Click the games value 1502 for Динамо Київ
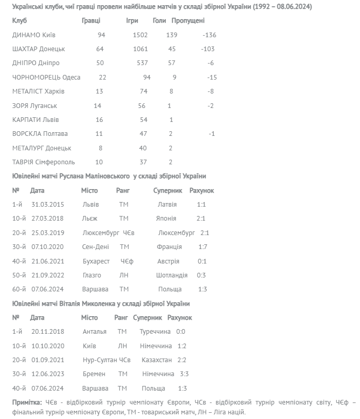140,35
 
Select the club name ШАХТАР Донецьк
39,49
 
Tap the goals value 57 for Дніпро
171,63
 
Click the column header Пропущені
187,21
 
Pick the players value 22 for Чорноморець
102,77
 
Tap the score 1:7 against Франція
203,246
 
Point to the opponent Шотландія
171,275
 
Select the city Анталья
95,331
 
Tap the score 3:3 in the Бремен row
184,374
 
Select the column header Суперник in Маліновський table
168,191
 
